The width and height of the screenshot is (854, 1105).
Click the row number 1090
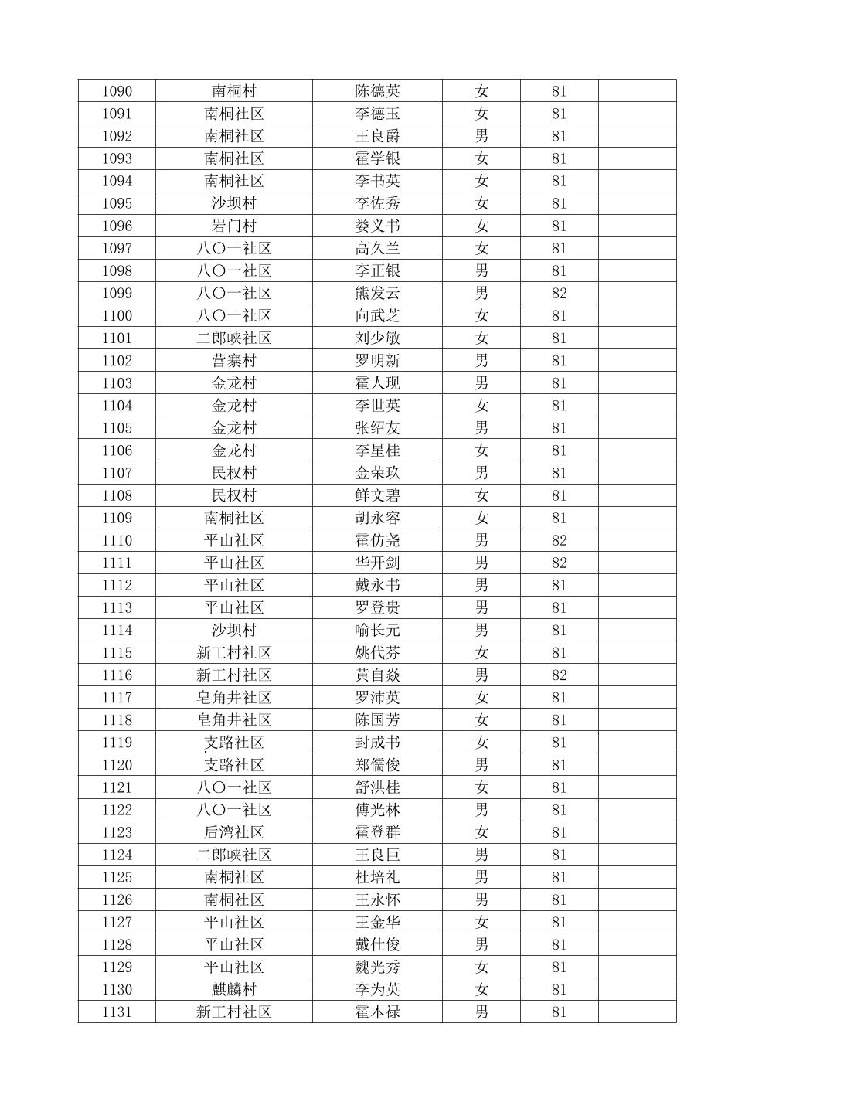point(117,91)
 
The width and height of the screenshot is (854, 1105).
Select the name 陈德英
point(377,91)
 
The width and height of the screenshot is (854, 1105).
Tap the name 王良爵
point(377,136)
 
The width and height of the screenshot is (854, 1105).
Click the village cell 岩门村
point(233,226)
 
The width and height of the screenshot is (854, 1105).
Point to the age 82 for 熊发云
point(559,294)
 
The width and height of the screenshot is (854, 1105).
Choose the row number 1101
point(117,338)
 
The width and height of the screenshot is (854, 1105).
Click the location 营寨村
point(233,361)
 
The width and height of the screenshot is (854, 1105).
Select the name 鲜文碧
point(377,495)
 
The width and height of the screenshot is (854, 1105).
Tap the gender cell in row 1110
point(481,540)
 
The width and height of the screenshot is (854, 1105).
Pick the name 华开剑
point(377,563)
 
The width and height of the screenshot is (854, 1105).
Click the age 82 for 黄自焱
point(559,675)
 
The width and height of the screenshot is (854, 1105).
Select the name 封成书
point(377,743)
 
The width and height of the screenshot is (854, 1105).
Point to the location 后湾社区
point(233,832)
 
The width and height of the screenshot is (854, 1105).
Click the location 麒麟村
point(233,989)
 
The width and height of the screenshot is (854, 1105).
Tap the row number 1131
point(117,1011)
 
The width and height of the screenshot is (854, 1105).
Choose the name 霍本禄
point(377,1011)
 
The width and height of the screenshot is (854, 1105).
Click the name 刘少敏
point(377,338)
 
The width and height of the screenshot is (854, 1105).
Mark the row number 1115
point(117,653)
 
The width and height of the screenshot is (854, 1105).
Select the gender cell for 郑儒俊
point(481,765)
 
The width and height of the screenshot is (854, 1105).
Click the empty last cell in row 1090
point(637,91)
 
